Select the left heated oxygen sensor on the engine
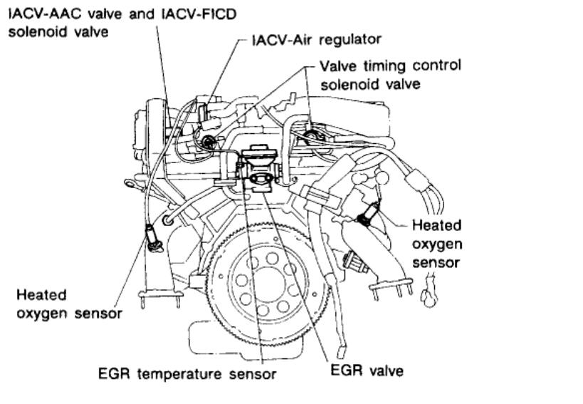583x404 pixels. [x=152, y=237]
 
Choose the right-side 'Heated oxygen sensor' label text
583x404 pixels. [x=436, y=244]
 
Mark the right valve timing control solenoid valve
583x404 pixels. [x=312, y=135]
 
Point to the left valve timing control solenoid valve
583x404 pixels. [x=209, y=142]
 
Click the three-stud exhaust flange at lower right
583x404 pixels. [x=392, y=287]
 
